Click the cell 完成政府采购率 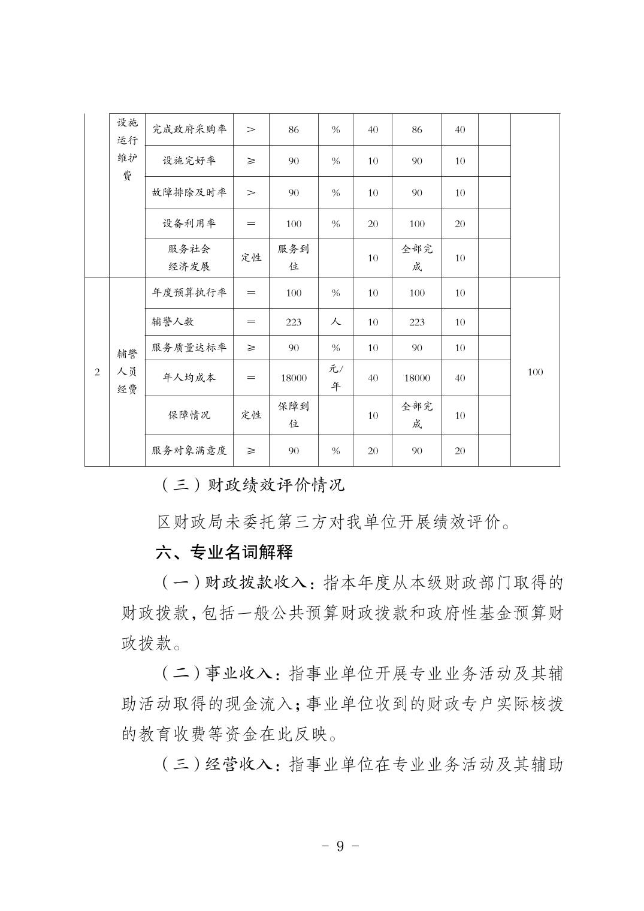189,129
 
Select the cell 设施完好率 189,161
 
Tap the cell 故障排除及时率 189,192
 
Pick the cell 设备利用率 189,224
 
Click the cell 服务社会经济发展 189,258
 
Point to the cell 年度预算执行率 189,292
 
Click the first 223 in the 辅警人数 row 294,322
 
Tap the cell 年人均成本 189,378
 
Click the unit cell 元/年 335,378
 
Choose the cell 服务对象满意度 189,451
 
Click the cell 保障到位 294,415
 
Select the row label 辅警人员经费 127,372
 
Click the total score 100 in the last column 535,372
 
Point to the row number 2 97,372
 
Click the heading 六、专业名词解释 224,553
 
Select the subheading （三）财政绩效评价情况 252,485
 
